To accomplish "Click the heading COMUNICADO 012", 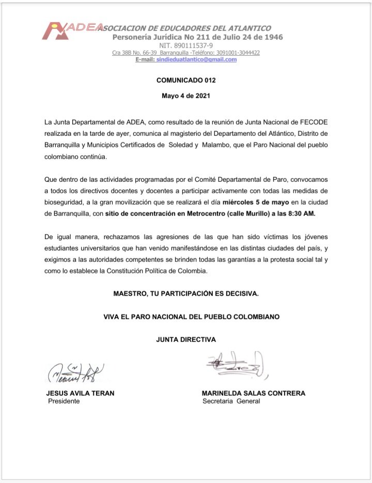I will pyautogui.click(x=186, y=81).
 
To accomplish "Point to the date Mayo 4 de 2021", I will pyautogui.click(x=186, y=96).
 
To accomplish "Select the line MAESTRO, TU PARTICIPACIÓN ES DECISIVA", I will pyautogui.click(x=186, y=293).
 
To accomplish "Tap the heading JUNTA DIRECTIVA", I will pyautogui.click(x=186, y=339).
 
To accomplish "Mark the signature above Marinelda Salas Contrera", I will pyautogui.click(x=235, y=365).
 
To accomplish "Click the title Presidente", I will pyautogui.click(x=64, y=401).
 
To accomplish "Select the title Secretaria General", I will pyautogui.click(x=231, y=401).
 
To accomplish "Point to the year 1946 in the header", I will pyautogui.click(x=270, y=37).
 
